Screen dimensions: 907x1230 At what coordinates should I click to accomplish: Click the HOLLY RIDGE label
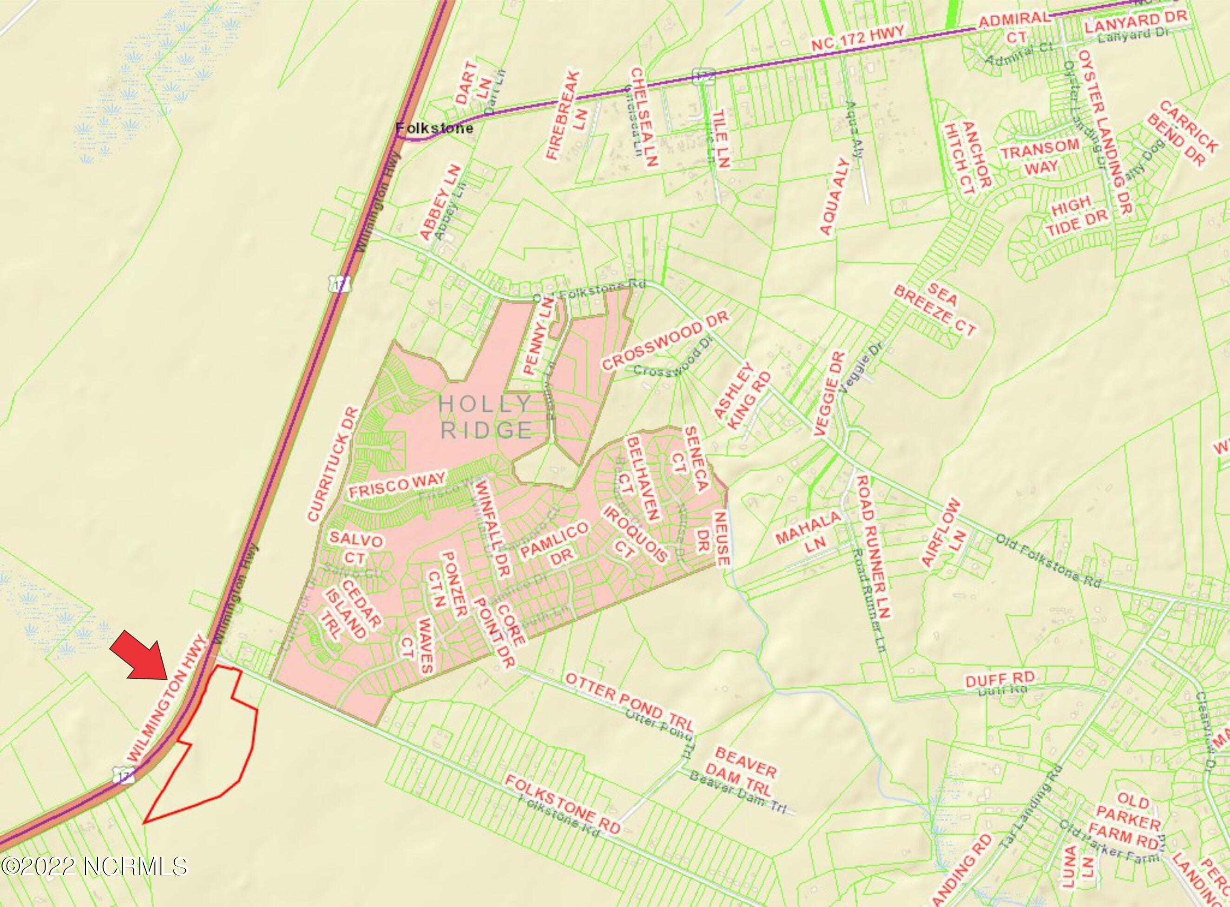point(486,417)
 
